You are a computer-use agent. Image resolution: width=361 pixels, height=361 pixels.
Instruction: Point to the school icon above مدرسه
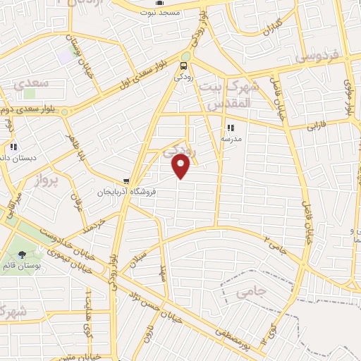[231, 128]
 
